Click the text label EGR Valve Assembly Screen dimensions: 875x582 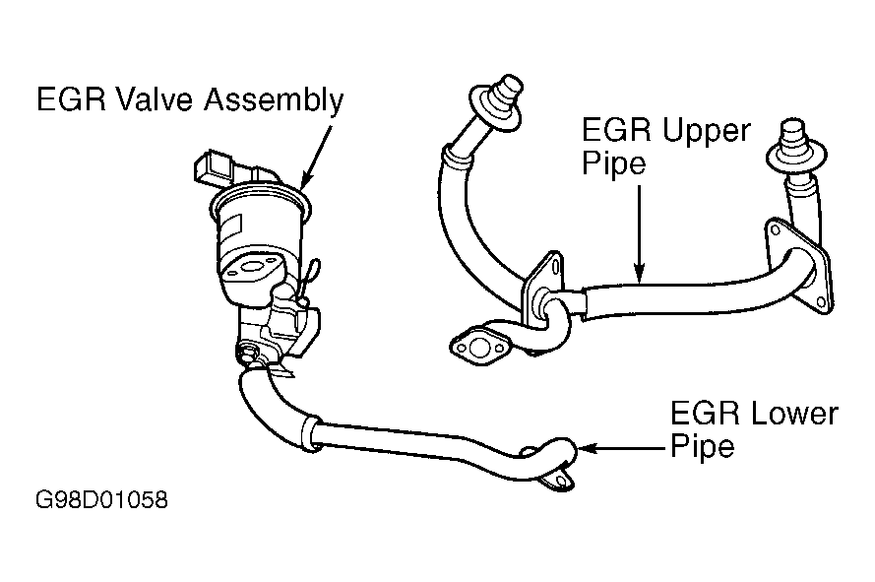190,100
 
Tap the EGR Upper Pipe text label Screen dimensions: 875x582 665,147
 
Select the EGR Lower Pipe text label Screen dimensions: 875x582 754,429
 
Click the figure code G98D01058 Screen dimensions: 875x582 101,500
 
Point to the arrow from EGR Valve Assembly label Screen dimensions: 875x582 316,158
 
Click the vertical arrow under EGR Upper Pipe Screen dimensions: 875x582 640,234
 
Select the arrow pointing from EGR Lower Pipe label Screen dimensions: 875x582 622,448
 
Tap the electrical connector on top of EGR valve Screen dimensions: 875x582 215,167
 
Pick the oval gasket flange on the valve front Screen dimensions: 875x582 251,268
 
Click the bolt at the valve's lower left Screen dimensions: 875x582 247,353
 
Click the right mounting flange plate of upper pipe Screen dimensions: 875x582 799,263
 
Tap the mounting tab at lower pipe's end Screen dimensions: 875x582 557,482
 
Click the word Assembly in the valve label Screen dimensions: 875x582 273,100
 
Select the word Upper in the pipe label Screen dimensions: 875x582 707,131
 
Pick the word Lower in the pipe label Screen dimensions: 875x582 795,414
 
